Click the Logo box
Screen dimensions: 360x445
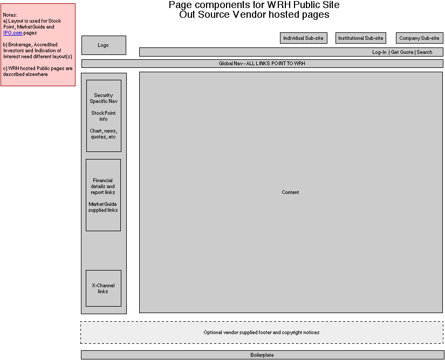[x=104, y=45]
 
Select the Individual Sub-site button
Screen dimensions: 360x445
[x=304, y=38]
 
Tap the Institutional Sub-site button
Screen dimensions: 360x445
[x=361, y=38]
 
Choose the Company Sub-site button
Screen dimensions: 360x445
[x=419, y=38]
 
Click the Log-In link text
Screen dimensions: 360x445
[x=379, y=52]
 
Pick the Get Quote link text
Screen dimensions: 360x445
[x=402, y=52]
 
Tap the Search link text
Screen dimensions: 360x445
[x=425, y=52]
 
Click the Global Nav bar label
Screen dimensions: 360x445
[x=262, y=64]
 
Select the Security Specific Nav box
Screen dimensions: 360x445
[x=104, y=98]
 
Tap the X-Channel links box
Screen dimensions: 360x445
[x=103, y=288]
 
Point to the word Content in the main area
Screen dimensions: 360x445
[x=290, y=192]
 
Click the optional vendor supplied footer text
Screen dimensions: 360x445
[x=262, y=333]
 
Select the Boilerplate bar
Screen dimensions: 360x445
[x=262, y=355]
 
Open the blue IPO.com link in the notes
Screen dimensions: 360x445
[x=13, y=33]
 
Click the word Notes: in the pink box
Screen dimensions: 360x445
[x=10, y=15]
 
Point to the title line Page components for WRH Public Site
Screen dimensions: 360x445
[x=254, y=5]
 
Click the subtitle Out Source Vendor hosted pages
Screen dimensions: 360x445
[x=254, y=15]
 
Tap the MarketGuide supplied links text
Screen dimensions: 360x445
[x=103, y=207]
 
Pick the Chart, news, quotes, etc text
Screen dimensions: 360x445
[x=103, y=134]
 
